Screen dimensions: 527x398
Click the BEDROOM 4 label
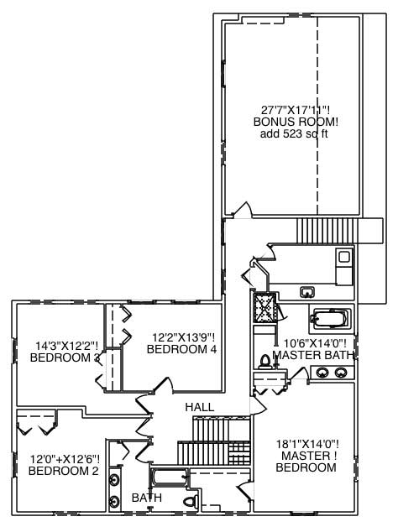click(182, 349)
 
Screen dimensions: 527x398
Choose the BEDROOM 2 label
click(64, 471)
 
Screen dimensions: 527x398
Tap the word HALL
click(200, 407)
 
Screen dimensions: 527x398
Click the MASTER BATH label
click(316, 355)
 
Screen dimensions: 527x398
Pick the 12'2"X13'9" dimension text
click(183, 337)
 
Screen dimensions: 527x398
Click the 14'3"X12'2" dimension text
click(66, 346)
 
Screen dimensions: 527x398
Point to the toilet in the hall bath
click(191, 502)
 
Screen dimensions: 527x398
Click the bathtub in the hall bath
click(168, 480)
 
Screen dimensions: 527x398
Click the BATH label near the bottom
click(147, 498)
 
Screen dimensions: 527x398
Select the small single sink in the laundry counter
click(307, 291)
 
